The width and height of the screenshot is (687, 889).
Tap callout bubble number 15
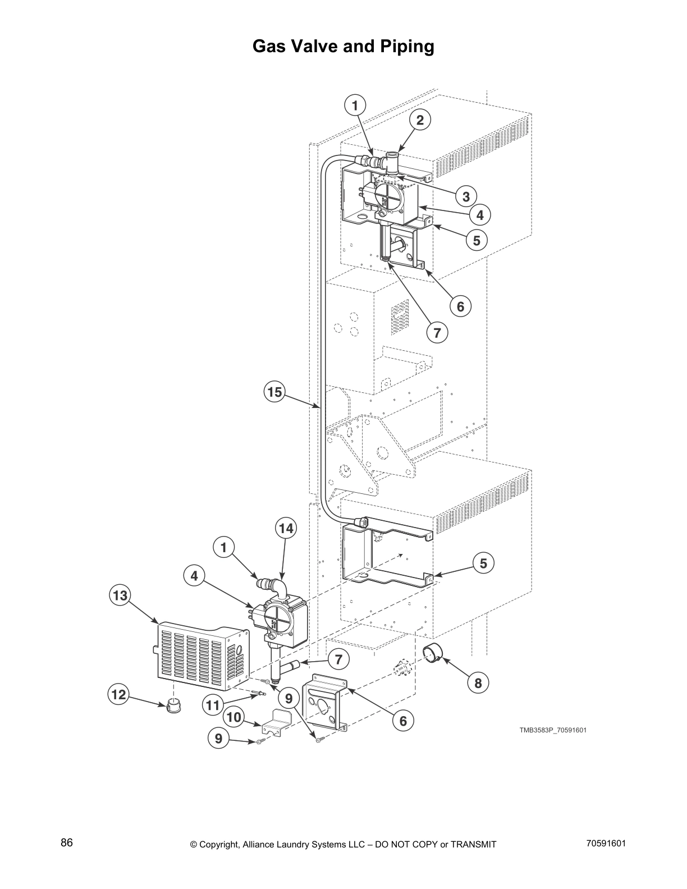[x=274, y=392]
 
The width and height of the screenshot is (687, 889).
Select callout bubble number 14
[x=286, y=528]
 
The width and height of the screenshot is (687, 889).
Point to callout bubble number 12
[x=118, y=695]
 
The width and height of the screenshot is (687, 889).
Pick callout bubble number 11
[x=213, y=704]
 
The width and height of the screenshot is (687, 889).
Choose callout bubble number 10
[x=234, y=717]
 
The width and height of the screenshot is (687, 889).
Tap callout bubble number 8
[x=478, y=682]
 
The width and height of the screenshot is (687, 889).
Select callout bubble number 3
[x=466, y=196]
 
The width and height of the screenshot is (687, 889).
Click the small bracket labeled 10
[x=276, y=721]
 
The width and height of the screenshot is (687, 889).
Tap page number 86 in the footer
[x=67, y=844]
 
